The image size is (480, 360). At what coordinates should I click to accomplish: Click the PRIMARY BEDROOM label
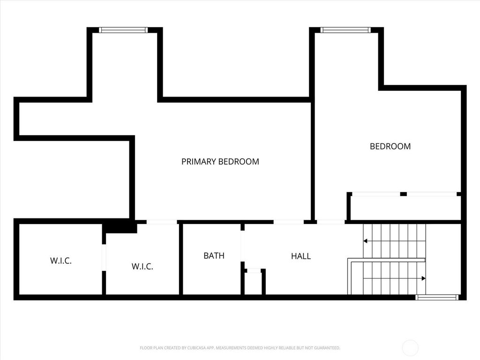(x=220, y=161)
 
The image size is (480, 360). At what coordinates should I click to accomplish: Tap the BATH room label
(x=214, y=255)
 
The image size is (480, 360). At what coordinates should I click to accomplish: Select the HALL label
(x=301, y=256)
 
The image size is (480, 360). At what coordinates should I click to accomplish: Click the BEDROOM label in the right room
(x=390, y=146)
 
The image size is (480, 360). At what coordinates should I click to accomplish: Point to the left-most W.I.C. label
(x=61, y=261)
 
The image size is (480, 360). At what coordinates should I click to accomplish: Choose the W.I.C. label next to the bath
(x=142, y=266)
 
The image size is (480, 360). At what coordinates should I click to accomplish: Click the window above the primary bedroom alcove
(x=123, y=30)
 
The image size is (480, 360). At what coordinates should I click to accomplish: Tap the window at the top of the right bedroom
(x=345, y=30)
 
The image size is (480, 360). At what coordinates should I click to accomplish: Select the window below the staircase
(x=437, y=297)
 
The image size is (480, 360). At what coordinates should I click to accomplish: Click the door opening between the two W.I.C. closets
(x=104, y=257)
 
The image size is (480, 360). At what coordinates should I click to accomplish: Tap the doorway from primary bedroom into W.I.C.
(x=162, y=222)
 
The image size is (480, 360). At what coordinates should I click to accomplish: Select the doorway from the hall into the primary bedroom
(x=289, y=222)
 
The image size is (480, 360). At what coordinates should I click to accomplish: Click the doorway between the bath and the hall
(x=242, y=246)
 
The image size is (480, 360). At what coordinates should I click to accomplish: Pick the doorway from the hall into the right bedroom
(x=330, y=222)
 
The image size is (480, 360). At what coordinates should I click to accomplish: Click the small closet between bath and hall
(x=254, y=283)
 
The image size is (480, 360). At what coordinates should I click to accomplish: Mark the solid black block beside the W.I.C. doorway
(x=120, y=226)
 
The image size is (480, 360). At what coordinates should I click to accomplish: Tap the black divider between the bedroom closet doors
(x=404, y=194)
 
